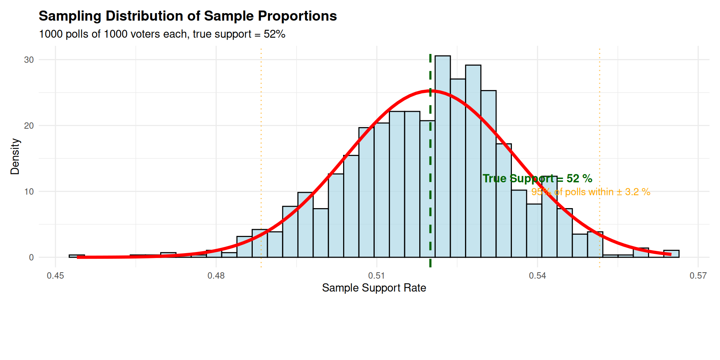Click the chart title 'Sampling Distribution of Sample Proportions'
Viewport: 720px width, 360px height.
coord(187,16)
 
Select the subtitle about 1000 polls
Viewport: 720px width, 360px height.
coord(162,34)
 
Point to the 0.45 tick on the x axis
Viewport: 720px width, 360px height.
coord(55,276)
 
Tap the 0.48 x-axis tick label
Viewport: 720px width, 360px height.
coord(216,276)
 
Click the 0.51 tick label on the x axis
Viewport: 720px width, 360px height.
coord(376,276)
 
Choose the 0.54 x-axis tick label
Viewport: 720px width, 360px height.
coord(537,276)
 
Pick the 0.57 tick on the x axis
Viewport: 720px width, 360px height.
coord(698,276)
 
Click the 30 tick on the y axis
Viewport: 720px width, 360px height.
coord(29,60)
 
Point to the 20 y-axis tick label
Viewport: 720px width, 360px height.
coord(29,126)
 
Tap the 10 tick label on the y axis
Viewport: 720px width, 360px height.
coord(29,192)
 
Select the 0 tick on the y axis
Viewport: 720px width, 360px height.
coord(31,258)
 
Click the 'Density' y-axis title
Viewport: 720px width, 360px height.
coord(15,156)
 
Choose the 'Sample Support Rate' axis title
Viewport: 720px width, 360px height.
coord(374,288)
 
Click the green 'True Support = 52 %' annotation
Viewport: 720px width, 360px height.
coord(537,178)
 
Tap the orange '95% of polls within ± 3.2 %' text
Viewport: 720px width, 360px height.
coord(591,192)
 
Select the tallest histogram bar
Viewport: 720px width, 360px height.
coord(442,157)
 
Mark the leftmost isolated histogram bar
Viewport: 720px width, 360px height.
coord(76,256)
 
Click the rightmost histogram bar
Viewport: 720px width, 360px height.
coord(671,254)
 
